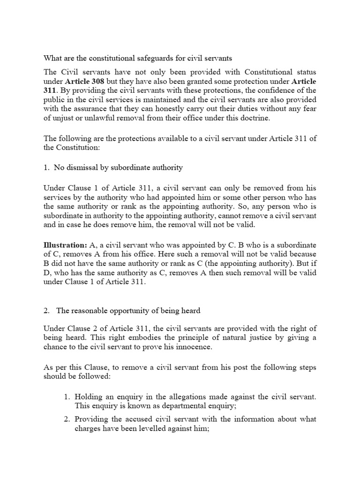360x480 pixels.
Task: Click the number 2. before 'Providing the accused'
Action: coord(67,419)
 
